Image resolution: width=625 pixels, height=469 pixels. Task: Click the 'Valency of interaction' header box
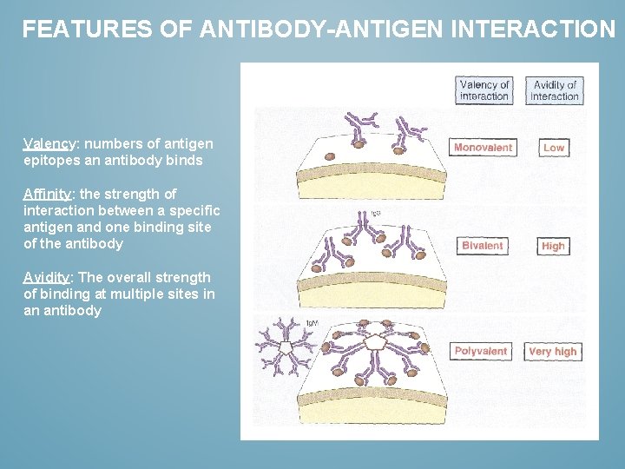[484, 90]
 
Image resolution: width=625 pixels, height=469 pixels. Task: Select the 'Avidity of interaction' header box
[554, 90]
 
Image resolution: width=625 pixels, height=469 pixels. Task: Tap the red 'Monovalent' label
[483, 148]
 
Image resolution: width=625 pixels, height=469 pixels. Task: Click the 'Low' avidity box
[553, 148]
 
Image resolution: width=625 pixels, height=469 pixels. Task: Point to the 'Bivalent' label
[483, 246]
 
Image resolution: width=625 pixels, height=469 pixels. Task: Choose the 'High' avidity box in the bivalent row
[553, 246]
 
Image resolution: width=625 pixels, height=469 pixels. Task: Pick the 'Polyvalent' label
[481, 352]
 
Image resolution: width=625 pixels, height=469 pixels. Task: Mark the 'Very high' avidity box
[553, 352]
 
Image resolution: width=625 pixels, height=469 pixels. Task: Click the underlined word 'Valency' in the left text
[49, 143]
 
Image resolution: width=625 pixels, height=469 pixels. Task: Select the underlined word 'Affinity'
[48, 194]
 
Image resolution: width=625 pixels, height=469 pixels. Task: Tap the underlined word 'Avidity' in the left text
[47, 277]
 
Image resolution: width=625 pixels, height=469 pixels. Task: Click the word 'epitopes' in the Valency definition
[50, 160]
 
